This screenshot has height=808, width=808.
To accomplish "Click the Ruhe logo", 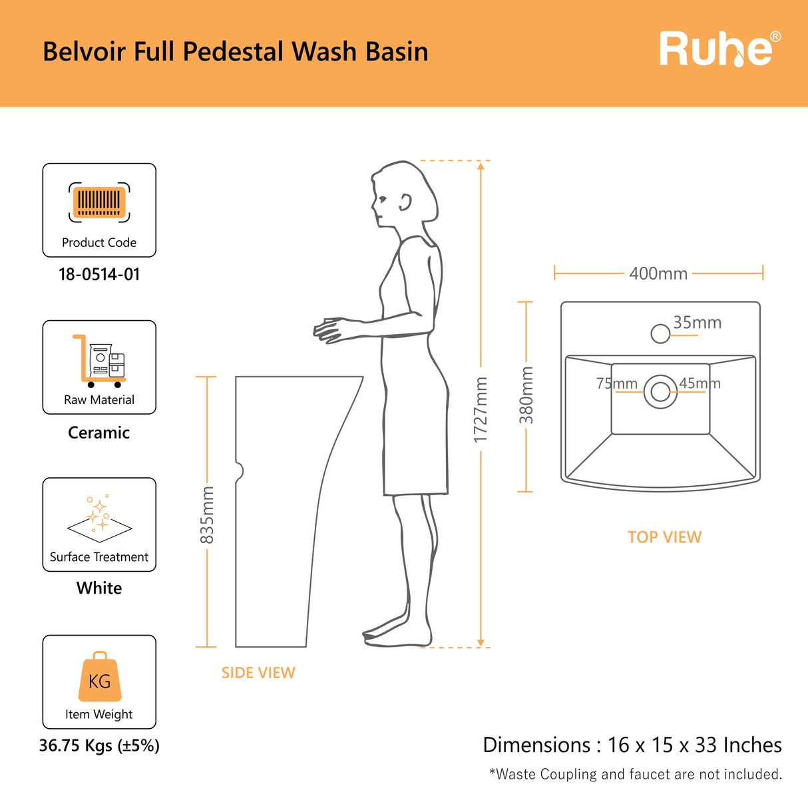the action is pyautogui.click(x=720, y=49).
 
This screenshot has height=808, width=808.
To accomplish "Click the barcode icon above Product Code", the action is pyautogui.click(x=99, y=202).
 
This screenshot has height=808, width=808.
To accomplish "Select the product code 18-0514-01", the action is pyautogui.click(x=99, y=274).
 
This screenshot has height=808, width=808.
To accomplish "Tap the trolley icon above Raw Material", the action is pyautogui.click(x=99, y=361).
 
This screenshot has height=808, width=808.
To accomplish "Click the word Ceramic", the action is pyautogui.click(x=99, y=433).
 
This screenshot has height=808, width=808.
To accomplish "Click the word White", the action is pyautogui.click(x=99, y=588).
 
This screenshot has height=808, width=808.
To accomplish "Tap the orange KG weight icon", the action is pyautogui.click(x=100, y=676).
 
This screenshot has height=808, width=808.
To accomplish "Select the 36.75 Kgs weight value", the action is pyautogui.click(x=99, y=745).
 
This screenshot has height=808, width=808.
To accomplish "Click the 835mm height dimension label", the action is pyautogui.click(x=207, y=515).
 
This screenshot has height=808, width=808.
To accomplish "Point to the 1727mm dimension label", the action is pyautogui.click(x=481, y=410).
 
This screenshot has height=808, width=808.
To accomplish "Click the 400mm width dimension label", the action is pyautogui.click(x=658, y=274).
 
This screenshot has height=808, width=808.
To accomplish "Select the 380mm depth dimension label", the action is pyautogui.click(x=526, y=395).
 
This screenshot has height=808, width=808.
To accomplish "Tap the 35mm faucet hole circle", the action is pyautogui.click(x=660, y=333).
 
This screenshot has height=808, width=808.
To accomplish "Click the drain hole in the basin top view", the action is pyautogui.click(x=660, y=391).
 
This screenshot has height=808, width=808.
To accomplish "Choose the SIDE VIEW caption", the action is pyautogui.click(x=258, y=673).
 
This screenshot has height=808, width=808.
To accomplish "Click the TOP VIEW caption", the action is pyautogui.click(x=665, y=537).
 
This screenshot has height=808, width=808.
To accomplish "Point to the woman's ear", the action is pyautogui.click(x=405, y=202).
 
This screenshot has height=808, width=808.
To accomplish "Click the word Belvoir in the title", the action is pyautogui.click(x=85, y=51).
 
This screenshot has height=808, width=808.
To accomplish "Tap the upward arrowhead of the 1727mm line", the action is pyautogui.click(x=481, y=166).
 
